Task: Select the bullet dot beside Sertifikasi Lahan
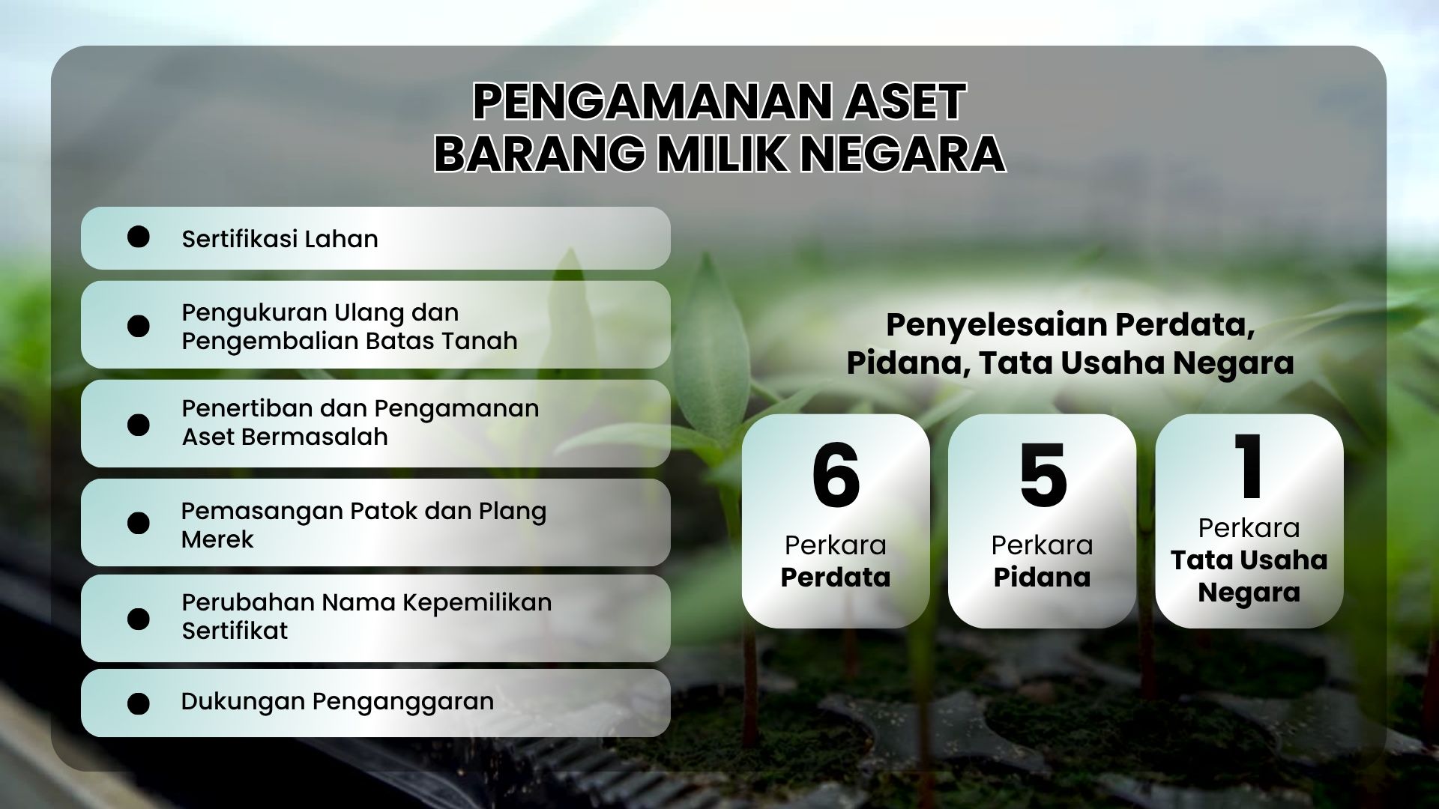tap(139, 237)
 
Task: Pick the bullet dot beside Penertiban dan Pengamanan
tap(139, 425)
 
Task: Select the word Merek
tap(217, 539)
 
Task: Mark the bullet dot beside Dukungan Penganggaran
tap(139, 703)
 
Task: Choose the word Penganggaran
tap(403, 703)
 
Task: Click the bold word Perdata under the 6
tap(836, 578)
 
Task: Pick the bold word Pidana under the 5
tap(1043, 578)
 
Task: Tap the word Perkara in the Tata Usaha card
tap(1249, 528)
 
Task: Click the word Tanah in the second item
tap(480, 342)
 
